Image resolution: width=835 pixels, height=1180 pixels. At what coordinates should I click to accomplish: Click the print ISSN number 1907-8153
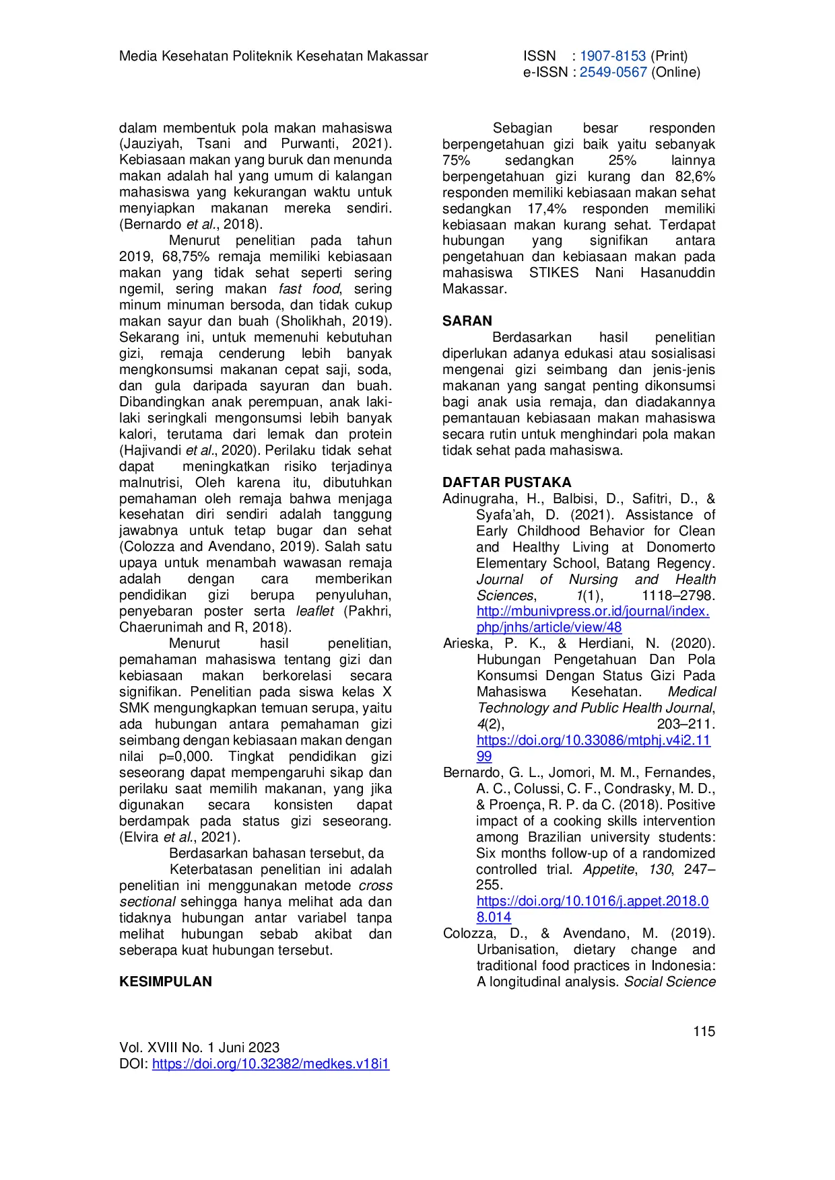pyautogui.click(x=612, y=56)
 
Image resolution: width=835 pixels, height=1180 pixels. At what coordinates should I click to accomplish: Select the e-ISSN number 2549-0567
pyautogui.click(x=613, y=72)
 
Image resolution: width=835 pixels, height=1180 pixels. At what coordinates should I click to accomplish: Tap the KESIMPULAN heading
pyautogui.click(x=165, y=982)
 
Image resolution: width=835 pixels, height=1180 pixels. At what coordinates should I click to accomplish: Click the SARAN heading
pyautogui.click(x=467, y=321)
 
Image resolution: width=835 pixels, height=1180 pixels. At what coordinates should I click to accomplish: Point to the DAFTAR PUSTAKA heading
pyautogui.click(x=506, y=482)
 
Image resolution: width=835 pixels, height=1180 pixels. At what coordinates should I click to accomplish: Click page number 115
pyautogui.click(x=704, y=1031)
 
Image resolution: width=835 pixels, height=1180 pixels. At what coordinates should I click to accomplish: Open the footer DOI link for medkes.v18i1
pyautogui.click(x=271, y=1064)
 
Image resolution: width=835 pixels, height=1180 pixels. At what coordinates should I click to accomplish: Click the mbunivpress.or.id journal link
pyautogui.click(x=593, y=612)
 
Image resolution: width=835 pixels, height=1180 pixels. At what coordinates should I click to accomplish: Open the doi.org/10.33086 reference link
pyautogui.click(x=593, y=740)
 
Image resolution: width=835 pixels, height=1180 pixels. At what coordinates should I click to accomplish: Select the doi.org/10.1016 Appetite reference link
pyautogui.click(x=593, y=901)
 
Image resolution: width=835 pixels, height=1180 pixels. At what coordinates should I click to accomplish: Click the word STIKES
pyautogui.click(x=554, y=272)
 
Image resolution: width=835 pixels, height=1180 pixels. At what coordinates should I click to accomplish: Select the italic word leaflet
pyautogui.click(x=314, y=611)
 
